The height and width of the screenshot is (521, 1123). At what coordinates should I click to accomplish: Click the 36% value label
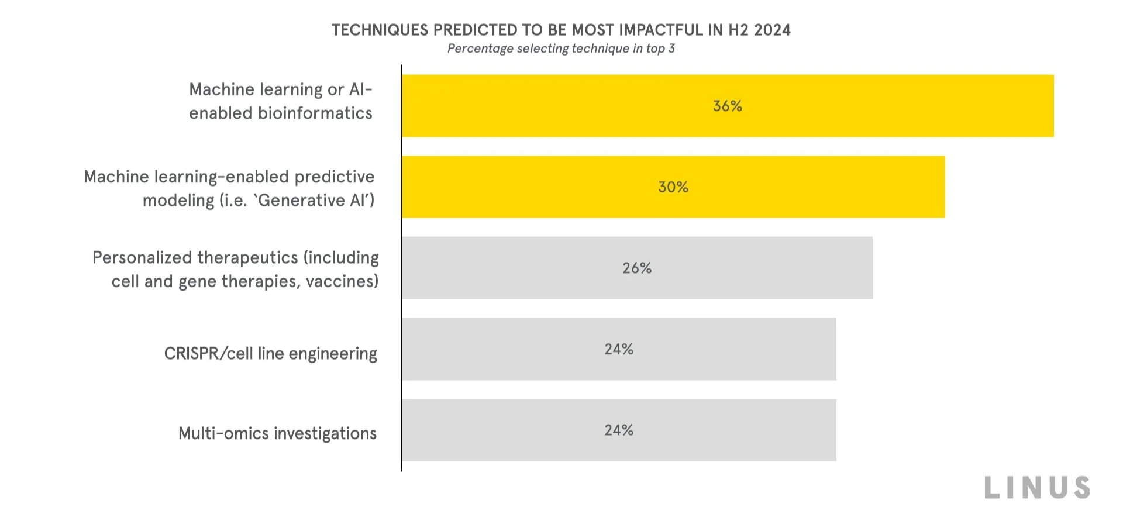click(x=727, y=106)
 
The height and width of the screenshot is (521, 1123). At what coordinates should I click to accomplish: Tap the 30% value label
click(x=673, y=187)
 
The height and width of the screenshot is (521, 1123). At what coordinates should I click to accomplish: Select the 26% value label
click(x=636, y=268)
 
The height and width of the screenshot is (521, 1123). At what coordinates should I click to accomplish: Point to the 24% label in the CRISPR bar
click(x=618, y=349)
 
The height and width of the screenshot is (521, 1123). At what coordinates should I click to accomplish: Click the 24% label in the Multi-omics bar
click(x=618, y=430)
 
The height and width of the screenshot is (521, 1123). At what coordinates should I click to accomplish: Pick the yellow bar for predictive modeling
click(x=526, y=187)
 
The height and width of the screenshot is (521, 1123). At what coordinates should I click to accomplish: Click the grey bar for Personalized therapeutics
click(x=760, y=268)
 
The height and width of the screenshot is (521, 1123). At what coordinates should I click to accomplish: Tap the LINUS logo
click(x=1037, y=488)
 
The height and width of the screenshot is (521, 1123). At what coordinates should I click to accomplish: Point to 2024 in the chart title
click(x=772, y=30)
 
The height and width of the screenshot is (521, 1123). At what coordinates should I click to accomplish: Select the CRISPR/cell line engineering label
click(x=270, y=354)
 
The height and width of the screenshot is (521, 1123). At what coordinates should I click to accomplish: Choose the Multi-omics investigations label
click(x=277, y=433)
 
